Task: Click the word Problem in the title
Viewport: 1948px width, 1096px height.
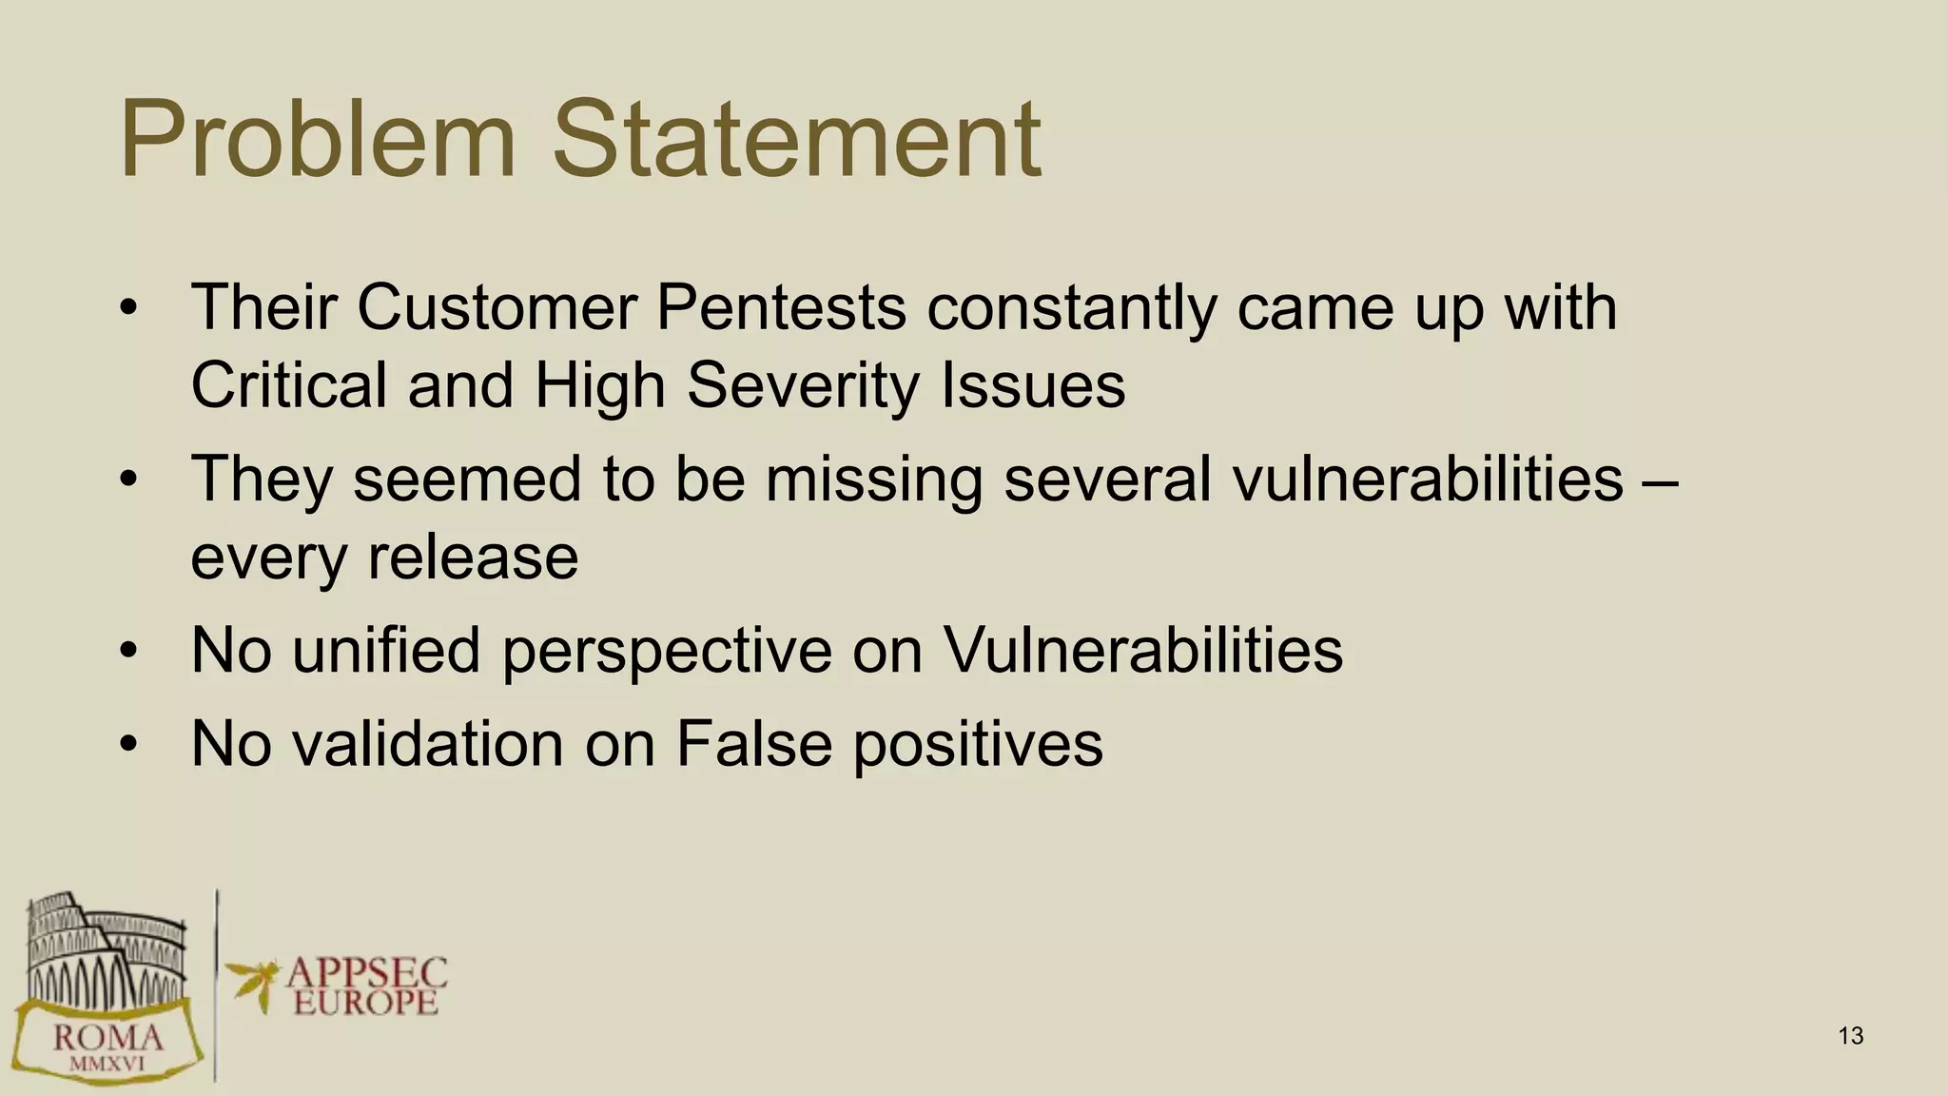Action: (317, 140)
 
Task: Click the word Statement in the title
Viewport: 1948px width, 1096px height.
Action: (797, 140)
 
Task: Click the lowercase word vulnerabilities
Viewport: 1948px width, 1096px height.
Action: (1428, 478)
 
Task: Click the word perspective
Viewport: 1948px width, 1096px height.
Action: (667, 652)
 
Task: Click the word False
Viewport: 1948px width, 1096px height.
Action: (753, 742)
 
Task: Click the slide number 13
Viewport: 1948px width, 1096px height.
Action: (1851, 1036)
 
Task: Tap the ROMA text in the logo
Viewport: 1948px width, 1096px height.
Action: (107, 1036)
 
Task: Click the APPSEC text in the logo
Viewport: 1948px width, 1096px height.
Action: (366, 972)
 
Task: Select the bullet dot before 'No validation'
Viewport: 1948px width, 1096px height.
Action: (129, 744)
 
